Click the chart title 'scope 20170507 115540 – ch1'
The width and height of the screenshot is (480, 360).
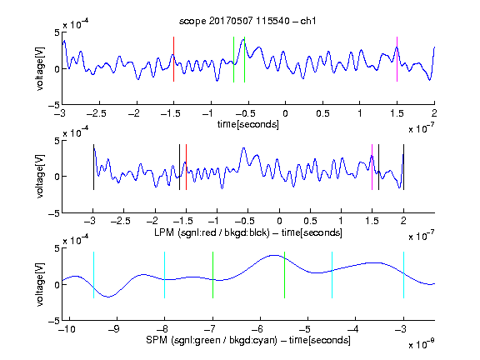tap(247, 21)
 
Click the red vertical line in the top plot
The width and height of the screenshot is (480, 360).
tap(173, 59)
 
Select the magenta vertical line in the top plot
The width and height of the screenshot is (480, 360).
tap(397, 59)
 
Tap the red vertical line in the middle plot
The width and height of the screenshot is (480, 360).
tap(186, 167)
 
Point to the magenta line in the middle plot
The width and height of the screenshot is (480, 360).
tap(372, 167)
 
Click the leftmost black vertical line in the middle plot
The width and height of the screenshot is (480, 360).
tap(93, 167)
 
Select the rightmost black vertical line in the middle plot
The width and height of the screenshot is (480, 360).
tap(403, 167)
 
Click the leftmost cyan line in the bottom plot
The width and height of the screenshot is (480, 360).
tap(93, 275)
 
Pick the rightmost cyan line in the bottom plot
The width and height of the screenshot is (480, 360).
tap(403, 275)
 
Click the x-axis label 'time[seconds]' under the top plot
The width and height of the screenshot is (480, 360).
tap(248, 124)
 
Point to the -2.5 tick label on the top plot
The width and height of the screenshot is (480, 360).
tap(97, 113)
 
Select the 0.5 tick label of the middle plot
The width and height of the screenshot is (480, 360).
tap(310, 221)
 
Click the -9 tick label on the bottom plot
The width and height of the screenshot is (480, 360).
tap(114, 329)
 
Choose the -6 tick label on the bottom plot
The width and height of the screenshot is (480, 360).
tap(257, 329)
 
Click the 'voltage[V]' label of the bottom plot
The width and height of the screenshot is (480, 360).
tap(40, 284)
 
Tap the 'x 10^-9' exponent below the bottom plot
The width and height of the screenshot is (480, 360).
tap(421, 344)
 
